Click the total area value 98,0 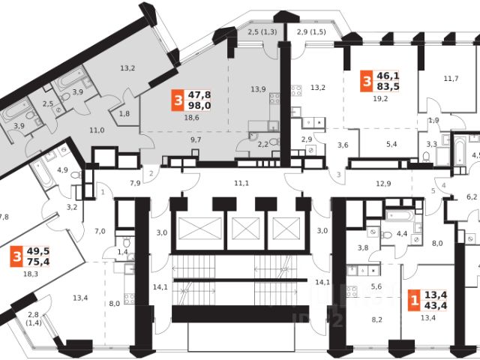(x=199, y=106)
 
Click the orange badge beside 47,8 (x=177, y=100)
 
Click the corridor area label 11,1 (x=241, y=182)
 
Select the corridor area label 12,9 (x=383, y=182)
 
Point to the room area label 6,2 (x=472, y=197)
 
